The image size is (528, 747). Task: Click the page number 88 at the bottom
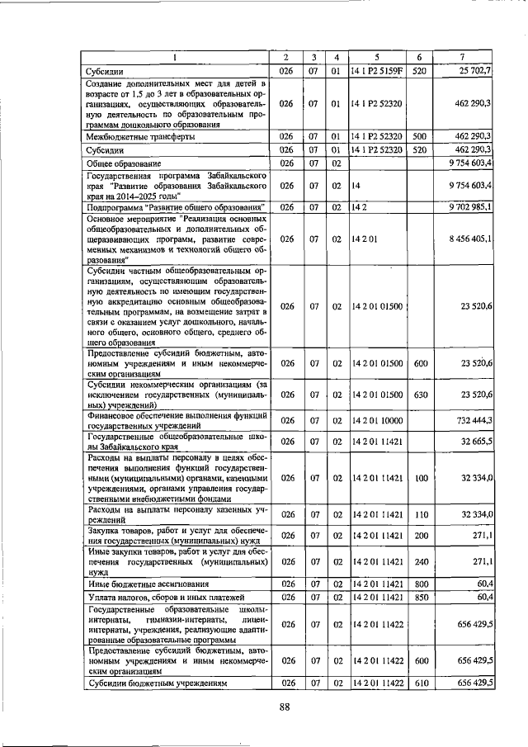click(285, 706)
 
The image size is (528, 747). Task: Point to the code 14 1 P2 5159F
click(377, 71)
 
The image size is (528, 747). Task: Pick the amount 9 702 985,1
click(467, 206)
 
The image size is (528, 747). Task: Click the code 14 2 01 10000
click(377, 420)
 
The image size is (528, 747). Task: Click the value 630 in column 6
click(419, 395)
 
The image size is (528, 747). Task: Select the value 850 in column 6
click(419, 597)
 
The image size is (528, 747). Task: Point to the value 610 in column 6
click(419, 683)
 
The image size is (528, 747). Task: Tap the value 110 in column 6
click(419, 514)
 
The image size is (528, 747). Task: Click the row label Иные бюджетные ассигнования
click(136, 583)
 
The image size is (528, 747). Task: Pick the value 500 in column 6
click(419, 135)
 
